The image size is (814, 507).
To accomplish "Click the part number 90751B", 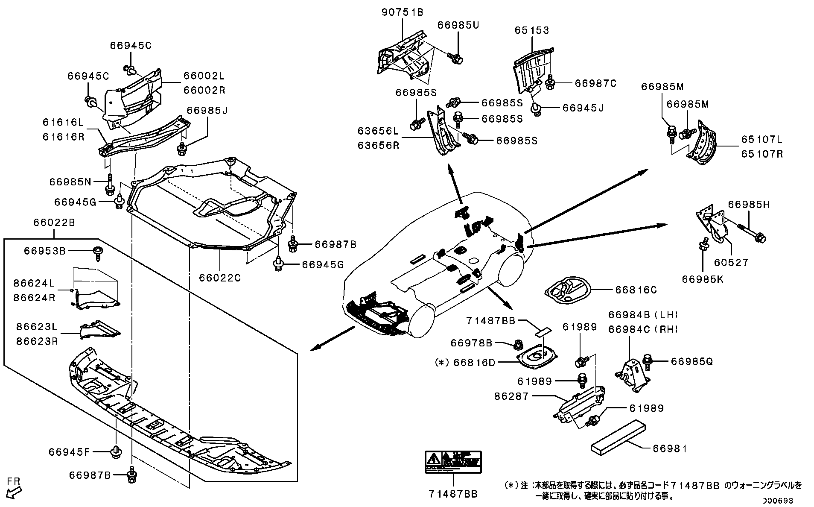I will [x=402, y=12].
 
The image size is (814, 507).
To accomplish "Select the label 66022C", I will [x=220, y=278].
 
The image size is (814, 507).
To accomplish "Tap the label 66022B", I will [x=54, y=223].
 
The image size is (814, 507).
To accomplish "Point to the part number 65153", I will [x=531, y=30].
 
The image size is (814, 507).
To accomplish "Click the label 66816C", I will [x=636, y=290].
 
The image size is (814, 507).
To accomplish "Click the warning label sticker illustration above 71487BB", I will [x=453, y=462].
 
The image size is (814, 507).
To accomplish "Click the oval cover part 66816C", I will [x=568, y=292].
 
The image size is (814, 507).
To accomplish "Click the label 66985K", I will [x=703, y=279].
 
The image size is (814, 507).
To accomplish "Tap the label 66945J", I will [x=583, y=108].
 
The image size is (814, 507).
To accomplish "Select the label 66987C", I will [x=595, y=83].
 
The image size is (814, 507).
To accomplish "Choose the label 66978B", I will [x=472, y=343].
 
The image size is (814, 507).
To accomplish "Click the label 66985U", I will [x=458, y=25].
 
